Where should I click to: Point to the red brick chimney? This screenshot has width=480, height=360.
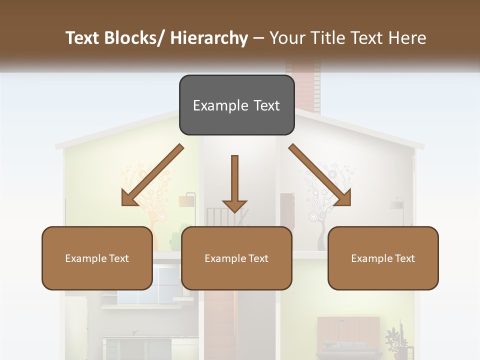(302, 85)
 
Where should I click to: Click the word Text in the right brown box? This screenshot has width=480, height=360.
(403, 258)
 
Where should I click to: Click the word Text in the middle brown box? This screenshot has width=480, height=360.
(256, 258)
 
